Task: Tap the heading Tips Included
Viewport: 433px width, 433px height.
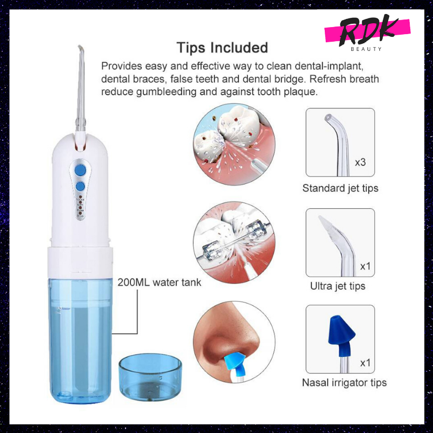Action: point(222,48)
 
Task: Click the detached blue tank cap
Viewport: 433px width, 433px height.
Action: point(150,377)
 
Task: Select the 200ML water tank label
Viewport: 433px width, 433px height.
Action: point(159,282)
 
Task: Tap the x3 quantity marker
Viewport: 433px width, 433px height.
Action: point(360,162)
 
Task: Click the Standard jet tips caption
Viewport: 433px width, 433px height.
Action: point(340,188)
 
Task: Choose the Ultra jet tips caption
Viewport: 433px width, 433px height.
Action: point(338,286)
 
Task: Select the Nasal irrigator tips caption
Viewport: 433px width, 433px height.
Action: point(344,383)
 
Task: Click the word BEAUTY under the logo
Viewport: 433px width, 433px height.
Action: point(366,49)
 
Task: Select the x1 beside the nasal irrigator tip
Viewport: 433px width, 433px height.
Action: point(365,363)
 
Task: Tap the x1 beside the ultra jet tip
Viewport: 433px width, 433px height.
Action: point(365,266)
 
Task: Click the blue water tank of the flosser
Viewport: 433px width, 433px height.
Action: point(80,340)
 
